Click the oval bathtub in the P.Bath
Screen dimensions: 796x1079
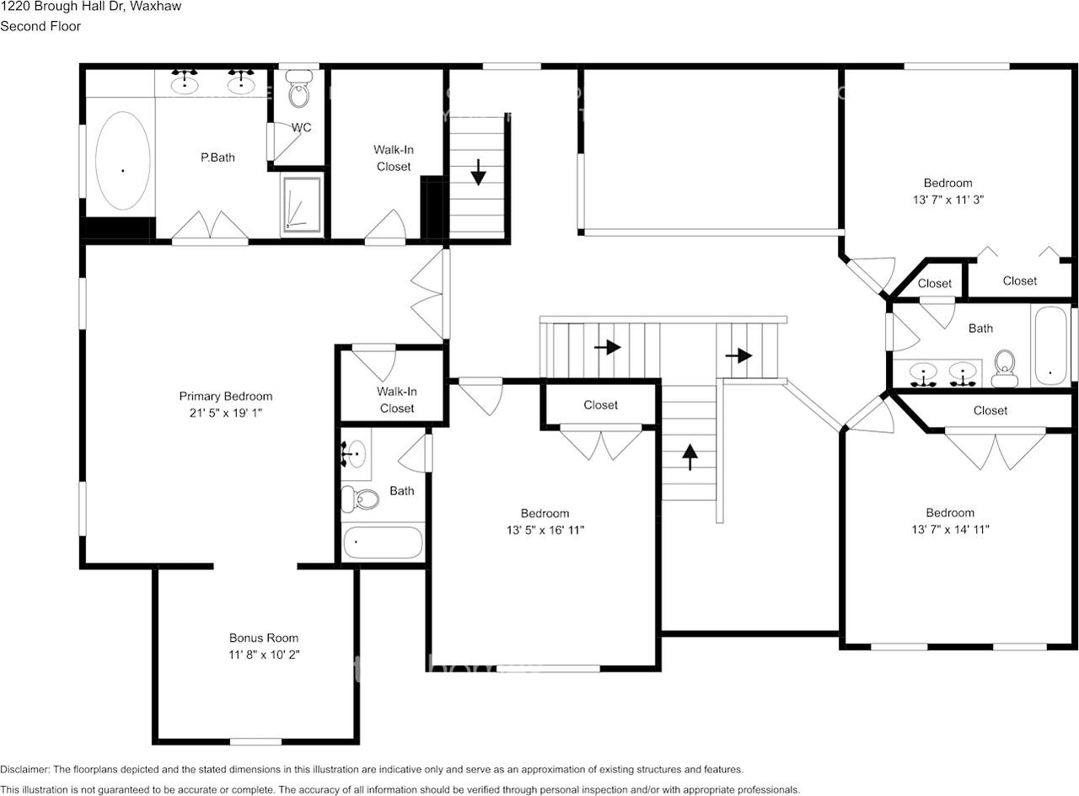pyautogui.click(x=123, y=160)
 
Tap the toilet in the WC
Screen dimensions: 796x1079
pyautogui.click(x=298, y=91)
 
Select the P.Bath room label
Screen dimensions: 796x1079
pyautogui.click(x=217, y=157)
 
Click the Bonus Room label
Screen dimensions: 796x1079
pyautogui.click(x=264, y=638)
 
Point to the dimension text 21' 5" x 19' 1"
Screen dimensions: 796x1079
pyautogui.click(x=226, y=414)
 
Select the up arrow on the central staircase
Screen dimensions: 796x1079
pyautogui.click(x=690, y=457)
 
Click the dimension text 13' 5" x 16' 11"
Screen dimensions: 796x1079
pyautogui.click(x=545, y=530)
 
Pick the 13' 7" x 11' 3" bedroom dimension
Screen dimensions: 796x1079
pyautogui.click(x=947, y=200)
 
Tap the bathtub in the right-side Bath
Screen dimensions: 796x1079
pyautogui.click(x=1049, y=345)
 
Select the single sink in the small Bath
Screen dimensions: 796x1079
pyautogui.click(x=355, y=452)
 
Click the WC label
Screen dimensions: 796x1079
pyautogui.click(x=301, y=128)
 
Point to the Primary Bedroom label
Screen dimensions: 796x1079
pyautogui.click(x=226, y=397)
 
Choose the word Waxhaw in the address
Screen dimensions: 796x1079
pyautogui.click(x=155, y=7)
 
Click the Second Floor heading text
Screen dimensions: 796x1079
pyautogui.click(x=40, y=26)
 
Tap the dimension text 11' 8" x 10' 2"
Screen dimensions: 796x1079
pyautogui.click(x=264, y=654)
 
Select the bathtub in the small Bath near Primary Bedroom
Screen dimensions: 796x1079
pyautogui.click(x=382, y=543)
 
